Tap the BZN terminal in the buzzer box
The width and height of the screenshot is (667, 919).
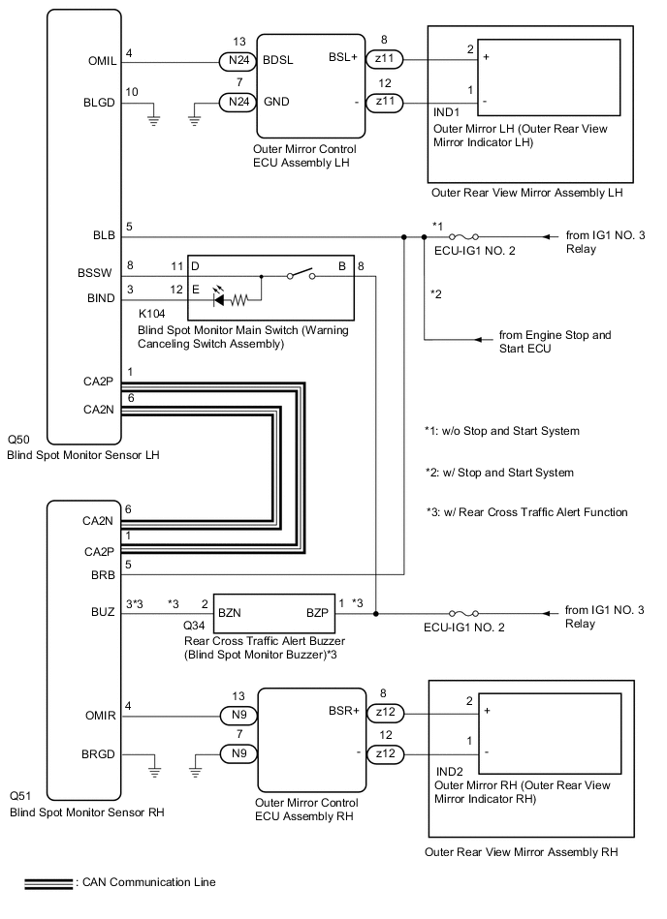tap(231, 613)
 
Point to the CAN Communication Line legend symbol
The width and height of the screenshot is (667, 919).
tap(48, 882)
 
